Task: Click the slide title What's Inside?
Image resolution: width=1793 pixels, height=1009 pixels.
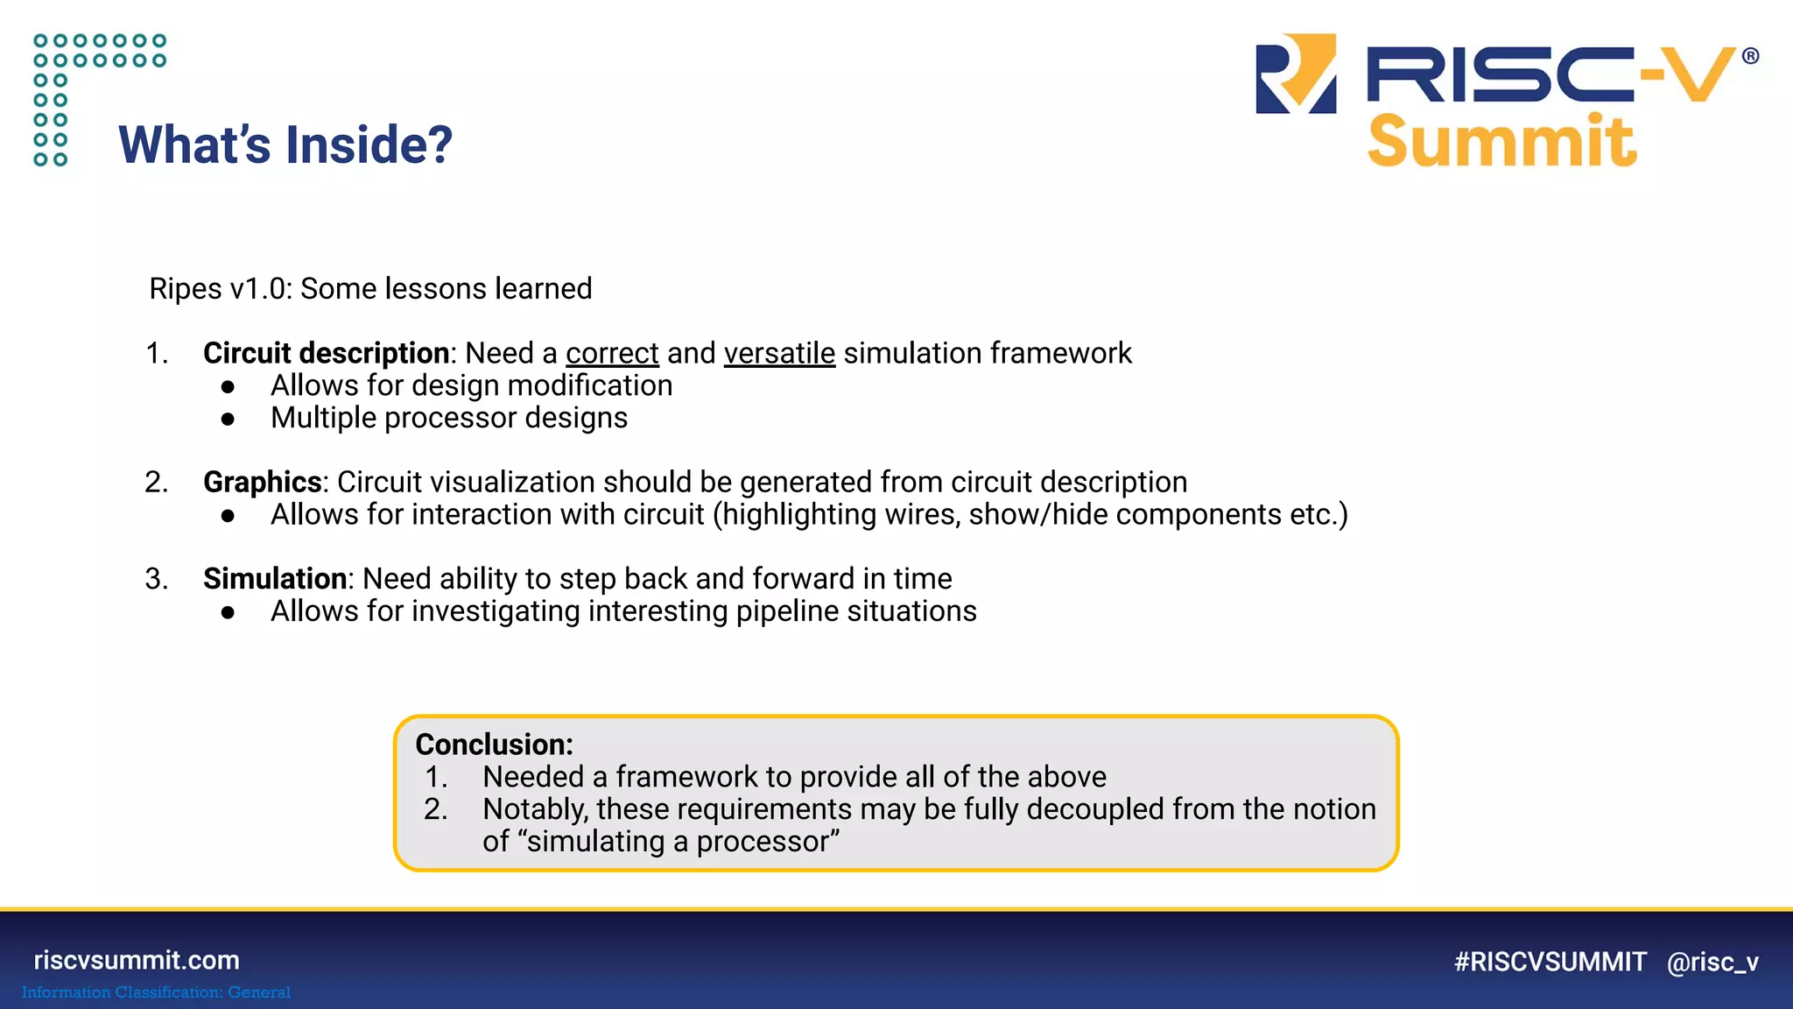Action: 285,145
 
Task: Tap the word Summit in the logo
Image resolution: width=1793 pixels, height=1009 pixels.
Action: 1501,142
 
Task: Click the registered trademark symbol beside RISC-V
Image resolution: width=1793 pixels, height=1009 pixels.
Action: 1750,57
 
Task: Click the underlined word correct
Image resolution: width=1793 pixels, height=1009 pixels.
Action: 611,353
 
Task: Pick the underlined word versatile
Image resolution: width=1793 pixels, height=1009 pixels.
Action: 779,353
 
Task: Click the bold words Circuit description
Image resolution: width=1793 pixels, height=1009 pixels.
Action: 326,353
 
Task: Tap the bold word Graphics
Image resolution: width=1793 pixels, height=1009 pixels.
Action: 263,482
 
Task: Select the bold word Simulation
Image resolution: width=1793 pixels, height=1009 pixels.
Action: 275,579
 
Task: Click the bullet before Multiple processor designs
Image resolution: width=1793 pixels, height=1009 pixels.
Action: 229,420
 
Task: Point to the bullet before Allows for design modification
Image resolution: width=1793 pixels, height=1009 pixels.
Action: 229,387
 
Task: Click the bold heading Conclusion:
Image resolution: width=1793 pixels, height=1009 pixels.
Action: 494,744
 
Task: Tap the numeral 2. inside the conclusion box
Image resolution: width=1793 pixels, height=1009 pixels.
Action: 435,809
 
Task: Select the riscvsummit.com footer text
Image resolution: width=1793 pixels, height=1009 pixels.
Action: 137,960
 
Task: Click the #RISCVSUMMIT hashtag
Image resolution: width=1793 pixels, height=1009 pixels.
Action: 1550,962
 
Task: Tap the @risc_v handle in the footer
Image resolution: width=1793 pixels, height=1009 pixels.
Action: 1712,962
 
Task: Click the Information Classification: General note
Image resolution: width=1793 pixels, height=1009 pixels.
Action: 156,992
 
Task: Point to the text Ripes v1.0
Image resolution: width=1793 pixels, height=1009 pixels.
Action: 219,289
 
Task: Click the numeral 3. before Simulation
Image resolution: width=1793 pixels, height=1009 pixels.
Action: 157,579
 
